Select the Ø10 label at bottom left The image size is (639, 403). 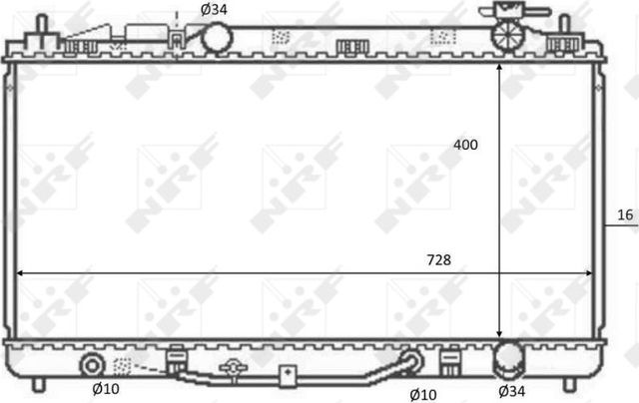point(106,390)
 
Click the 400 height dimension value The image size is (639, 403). point(465,145)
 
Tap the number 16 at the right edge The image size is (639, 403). point(625,214)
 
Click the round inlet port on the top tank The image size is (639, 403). point(218,39)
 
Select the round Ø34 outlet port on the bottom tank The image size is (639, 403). point(509,358)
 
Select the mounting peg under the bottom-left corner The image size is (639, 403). point(38,383)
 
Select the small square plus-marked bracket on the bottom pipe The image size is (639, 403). point(289,376)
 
